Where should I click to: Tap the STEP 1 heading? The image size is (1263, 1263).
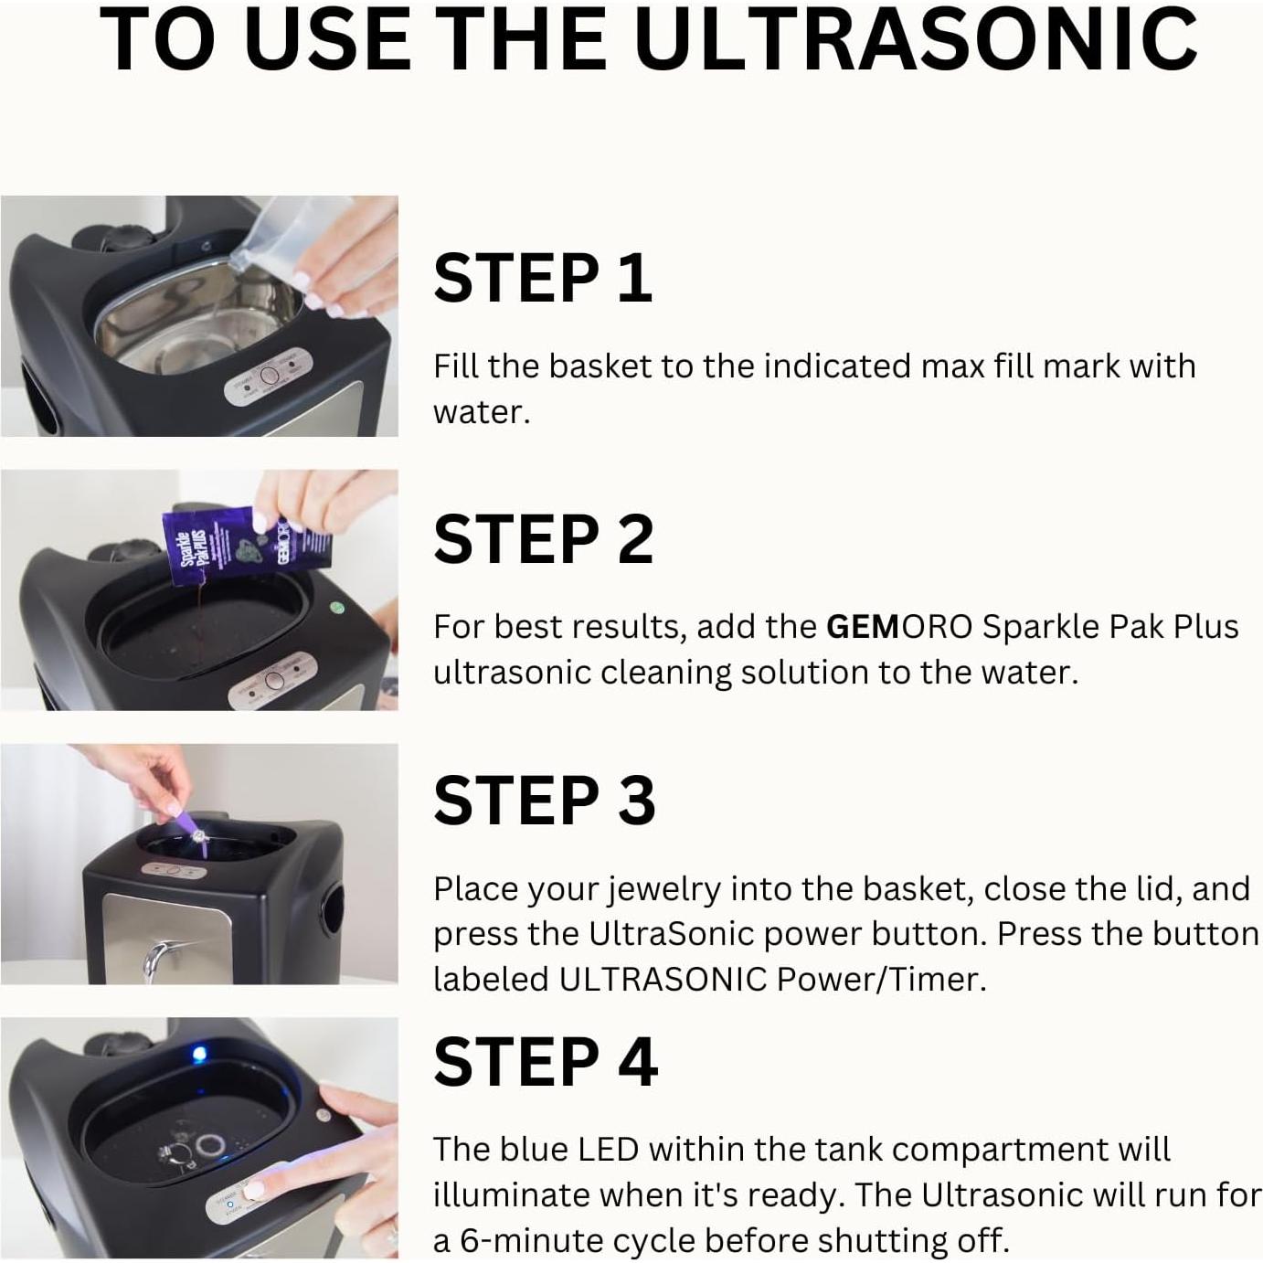tap(543, 278)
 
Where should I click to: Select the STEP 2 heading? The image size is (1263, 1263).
tap(544, 539)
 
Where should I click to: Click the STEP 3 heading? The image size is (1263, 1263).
tap(545, 801)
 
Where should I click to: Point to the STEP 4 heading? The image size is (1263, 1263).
tap(546, 1062)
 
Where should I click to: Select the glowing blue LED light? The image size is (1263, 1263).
tap(199, 1056)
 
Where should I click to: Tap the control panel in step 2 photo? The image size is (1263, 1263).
tap(272, 681)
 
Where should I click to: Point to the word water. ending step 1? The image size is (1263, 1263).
tap(481, 412)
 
